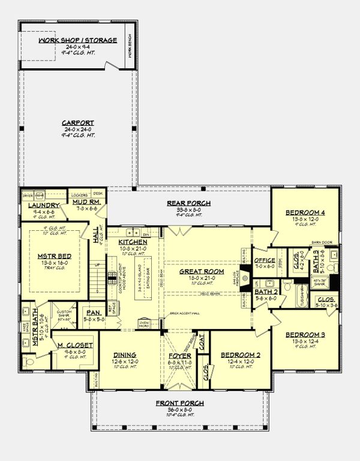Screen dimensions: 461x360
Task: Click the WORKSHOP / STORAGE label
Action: click(77, 40)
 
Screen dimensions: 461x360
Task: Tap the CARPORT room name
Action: click(77, 122)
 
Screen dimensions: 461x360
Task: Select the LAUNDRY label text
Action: click(38, 205)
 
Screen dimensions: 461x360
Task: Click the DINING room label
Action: click(124, 354)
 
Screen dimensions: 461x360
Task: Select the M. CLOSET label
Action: click(75, 345)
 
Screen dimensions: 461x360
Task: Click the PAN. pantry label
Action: click(92, 312)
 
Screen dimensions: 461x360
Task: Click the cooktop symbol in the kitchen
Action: click(112, 276)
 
